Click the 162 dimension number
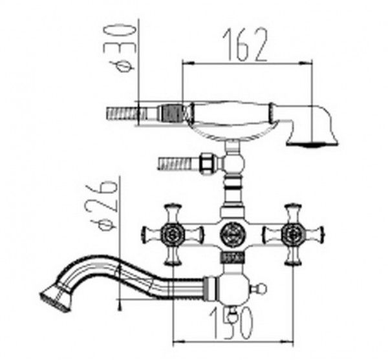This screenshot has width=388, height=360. point(245,45)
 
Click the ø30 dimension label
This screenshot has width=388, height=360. point(120,47)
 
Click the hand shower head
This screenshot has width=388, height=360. point(312,126)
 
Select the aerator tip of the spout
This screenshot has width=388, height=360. point(55,298)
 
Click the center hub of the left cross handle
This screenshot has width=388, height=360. point(173,233)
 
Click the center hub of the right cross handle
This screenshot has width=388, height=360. point(294,233)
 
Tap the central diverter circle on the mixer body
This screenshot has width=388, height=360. point(232,233)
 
